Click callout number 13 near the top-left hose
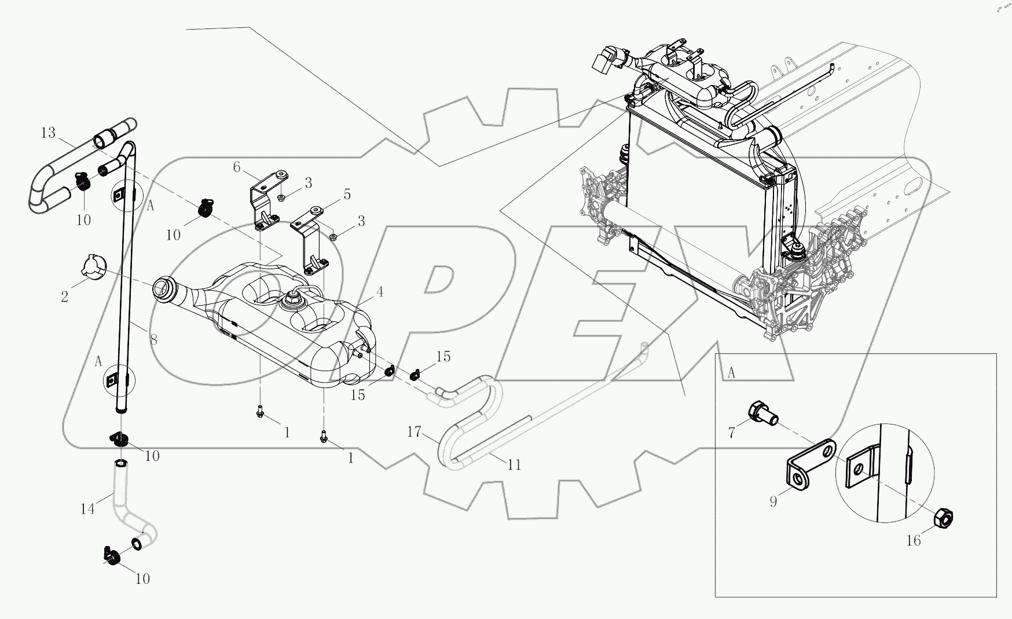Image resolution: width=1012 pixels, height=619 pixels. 48,133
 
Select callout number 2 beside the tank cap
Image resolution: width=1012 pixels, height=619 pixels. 64,297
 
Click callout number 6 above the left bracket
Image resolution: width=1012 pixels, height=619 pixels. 237,167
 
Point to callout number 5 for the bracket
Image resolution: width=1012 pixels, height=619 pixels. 347,195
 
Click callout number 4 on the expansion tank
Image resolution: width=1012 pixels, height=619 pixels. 379,292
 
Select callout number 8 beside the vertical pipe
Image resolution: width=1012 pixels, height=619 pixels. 153,339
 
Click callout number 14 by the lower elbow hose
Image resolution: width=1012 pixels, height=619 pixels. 87,510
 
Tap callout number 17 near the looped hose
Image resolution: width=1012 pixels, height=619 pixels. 413,431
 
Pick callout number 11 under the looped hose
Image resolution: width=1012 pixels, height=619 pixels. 514,464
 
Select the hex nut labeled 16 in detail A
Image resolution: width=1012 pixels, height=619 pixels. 944,520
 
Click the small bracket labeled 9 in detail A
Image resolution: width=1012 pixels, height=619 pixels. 809,464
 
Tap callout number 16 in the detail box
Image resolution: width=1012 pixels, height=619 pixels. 913,541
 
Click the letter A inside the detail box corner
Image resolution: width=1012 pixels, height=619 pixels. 731,373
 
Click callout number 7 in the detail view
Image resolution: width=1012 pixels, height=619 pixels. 731,433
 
